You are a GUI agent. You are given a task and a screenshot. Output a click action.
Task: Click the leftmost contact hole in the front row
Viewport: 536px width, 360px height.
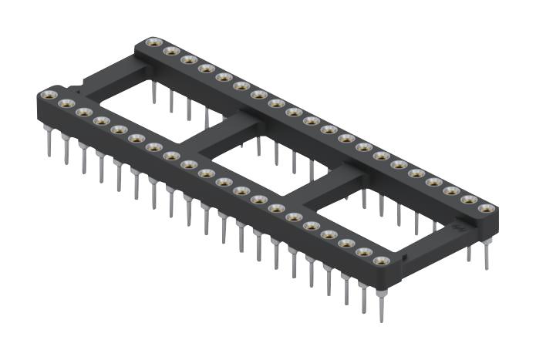pos(49,96)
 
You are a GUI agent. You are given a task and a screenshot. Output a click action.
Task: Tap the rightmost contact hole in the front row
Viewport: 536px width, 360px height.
pos(381,261)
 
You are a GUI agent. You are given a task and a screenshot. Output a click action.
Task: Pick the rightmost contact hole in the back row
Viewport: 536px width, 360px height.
pos(486,208)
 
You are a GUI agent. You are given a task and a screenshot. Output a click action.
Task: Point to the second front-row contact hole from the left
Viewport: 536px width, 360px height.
pos(66,103)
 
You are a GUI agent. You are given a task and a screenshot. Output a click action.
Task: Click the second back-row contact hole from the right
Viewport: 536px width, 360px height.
pos(468,200)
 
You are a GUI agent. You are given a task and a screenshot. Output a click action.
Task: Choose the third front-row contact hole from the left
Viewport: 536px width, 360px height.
pos(84,113)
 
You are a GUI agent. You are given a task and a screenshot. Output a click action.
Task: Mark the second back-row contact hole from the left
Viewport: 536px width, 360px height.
pos(171,51)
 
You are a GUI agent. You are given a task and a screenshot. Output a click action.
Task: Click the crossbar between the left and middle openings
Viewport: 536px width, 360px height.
pos(220,132)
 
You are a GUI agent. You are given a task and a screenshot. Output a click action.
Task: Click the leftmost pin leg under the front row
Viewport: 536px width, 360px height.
pos(49,142)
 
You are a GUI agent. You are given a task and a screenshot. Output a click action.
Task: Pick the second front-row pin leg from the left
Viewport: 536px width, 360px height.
pos(66,150)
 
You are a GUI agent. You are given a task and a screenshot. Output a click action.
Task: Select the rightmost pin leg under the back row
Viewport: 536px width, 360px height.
pos(487,254)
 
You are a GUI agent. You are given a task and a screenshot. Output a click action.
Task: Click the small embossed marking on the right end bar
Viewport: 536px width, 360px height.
pos(460,228)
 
